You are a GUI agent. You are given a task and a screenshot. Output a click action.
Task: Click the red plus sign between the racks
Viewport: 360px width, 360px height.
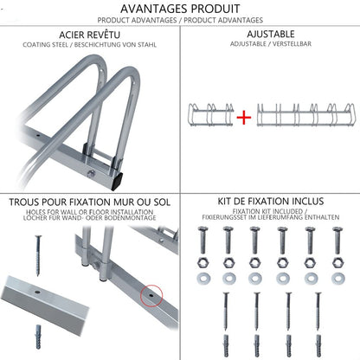[x=244, y=118]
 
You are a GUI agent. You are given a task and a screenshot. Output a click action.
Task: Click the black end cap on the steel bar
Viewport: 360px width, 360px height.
[x=117, y=181]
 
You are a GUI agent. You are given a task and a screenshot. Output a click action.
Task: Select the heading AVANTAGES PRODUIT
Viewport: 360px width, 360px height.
[x=180, y=9]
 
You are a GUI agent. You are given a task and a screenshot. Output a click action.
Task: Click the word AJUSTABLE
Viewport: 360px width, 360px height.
[x=271, y=34]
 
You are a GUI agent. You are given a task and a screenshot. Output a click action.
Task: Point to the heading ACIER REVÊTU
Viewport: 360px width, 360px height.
[x=89, y=35]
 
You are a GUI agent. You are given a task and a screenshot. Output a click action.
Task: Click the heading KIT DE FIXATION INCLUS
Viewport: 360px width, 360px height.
[x=271, y=201]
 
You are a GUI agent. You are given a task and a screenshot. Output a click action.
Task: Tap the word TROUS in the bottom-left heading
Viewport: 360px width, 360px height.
[x=24, y=202]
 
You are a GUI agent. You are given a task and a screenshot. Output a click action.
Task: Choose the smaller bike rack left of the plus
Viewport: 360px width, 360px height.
[x=210, y=114]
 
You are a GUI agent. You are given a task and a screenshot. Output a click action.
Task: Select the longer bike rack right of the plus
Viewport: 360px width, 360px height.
[x=305, y=114]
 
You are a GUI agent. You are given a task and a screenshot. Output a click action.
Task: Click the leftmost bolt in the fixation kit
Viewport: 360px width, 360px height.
[x=202, y=240]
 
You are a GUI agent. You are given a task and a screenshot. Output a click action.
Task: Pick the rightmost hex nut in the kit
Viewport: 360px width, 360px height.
[x=337, y=262]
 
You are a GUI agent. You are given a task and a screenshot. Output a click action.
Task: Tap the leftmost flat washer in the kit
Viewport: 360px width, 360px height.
[x=203, y=279]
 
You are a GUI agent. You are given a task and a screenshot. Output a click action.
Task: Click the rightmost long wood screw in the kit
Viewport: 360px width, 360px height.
[x=318, y=311]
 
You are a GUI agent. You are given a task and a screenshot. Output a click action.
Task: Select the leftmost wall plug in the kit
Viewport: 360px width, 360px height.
[x=226, y=345]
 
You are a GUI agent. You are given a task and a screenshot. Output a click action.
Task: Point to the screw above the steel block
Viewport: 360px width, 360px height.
[x=38, y=255]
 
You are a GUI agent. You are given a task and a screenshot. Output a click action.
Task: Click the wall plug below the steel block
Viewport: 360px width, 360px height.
[x=38, y=337]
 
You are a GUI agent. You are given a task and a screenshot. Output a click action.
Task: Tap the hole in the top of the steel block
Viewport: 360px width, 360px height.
[x=37, y=292]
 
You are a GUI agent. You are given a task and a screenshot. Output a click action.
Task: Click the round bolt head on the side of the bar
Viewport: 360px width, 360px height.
[x=91, y=173]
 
